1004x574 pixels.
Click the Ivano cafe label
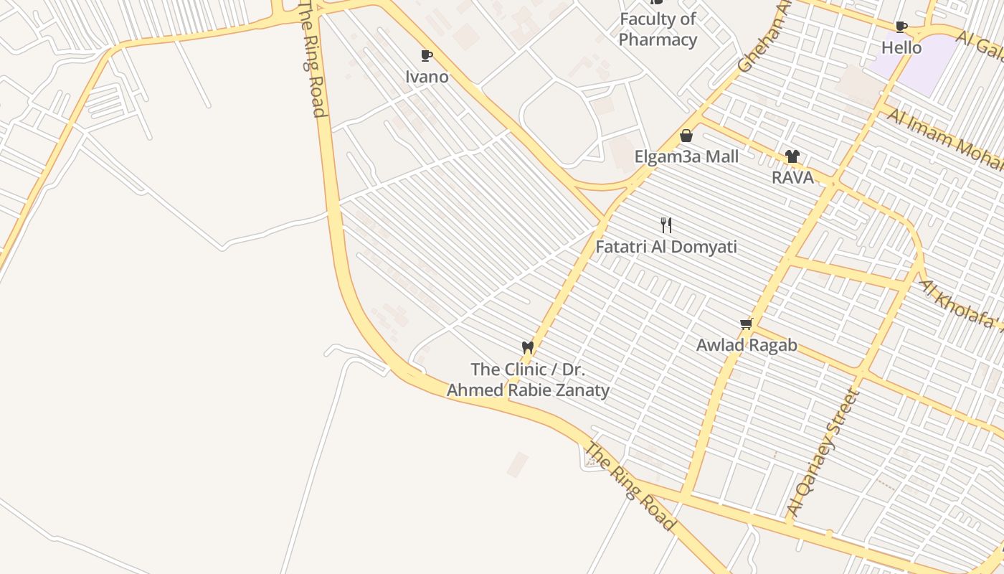tap(427, 77)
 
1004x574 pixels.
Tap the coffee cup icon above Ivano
tap(427, 56)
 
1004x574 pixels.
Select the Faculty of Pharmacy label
tap(658, 29)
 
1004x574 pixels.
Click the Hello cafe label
tap(901, 47)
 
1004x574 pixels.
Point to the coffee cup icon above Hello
tap(901, 27)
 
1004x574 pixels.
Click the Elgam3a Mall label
tap(686, 156)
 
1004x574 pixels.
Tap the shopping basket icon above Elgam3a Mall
tap(686, 136)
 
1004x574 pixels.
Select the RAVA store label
tap(792, 177)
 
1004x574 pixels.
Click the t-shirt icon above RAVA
tap(792, 156)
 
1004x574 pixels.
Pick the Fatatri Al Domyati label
tap(666, 247)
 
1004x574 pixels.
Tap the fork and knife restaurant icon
tap(666, 225)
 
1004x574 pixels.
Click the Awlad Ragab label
tap(747, 345)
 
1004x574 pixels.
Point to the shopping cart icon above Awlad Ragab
tap(747, 324)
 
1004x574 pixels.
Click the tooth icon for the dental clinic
tap(528, 348)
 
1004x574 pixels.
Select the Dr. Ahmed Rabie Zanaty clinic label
tap(529, 380)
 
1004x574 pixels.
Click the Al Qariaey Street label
tap(823, 452)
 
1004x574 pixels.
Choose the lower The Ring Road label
tap(630, 486)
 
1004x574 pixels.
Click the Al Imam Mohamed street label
tap(945, 140)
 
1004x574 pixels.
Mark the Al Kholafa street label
tap(961, 304)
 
